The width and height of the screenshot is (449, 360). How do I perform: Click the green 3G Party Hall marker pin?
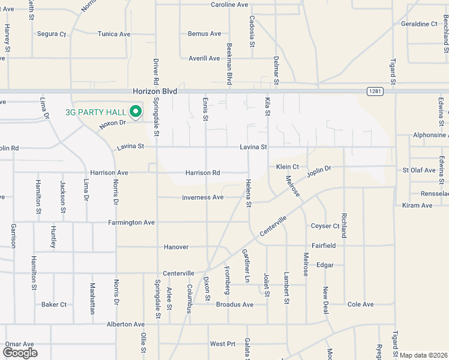pyautogui.click(x=136, y=111)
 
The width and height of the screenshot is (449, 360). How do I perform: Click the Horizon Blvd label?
pyautogui.click(x=155, y=91)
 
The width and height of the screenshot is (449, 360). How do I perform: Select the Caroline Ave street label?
pyautogui.click(x=229, y=5)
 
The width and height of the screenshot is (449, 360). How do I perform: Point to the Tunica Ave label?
pyautogui.click(x=114, y=34)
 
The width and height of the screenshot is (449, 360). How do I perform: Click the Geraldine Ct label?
pyautogui.click(x=420, y=24)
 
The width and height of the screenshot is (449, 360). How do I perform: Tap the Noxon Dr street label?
pyautogui.click(x=112, y=123)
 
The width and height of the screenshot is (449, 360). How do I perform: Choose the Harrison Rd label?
pyautogui.click(x=202, y=173)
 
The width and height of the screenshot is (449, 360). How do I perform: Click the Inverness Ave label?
pyautogui.click(x=203, y=197)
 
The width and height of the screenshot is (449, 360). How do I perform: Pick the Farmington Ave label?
pyautogui.click(x=131, y=223)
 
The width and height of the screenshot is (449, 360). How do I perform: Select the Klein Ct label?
pyautogui.click(x=288, y=167)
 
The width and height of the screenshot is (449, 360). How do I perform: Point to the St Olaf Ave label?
pyautogui.click(x=419, y=170)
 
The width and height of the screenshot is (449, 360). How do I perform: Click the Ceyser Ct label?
pyautogui.click(x=325, y=226)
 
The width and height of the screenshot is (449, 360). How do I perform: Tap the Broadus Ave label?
pyautogui.click(x=235, y=305)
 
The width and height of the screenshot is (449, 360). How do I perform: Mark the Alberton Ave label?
pyautogui.click(x=126, y=325)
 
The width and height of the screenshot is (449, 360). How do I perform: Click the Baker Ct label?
pyautogui.click(x=54, y=305)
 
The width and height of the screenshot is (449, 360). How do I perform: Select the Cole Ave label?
pyautogui.click(x=361, y=305)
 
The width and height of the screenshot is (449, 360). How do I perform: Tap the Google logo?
pyautogui.click(x=19, y=352)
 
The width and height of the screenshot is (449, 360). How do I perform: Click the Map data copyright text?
pyautogui.click(x=424, y=355)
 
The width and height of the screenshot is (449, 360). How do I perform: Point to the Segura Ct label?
pyautogui.click(x=51, y=34)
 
